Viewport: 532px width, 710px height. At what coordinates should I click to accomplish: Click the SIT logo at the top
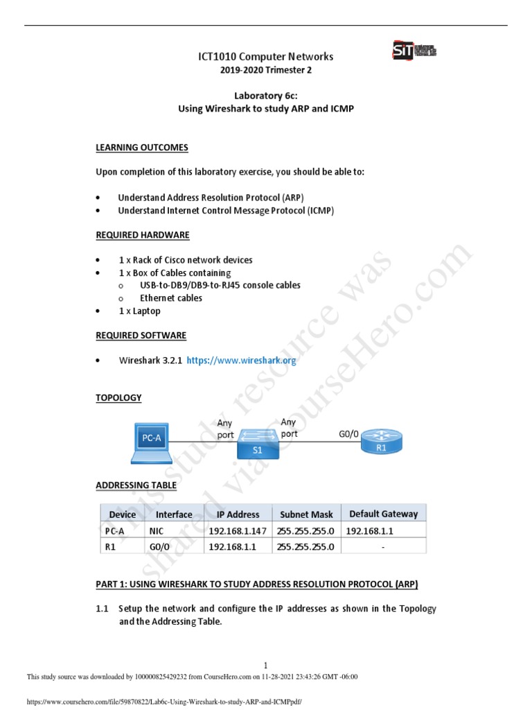pos(414,51)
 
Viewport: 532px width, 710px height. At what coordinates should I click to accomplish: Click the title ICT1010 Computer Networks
pos(266,56)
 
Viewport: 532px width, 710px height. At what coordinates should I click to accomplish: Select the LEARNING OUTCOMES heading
pos(141,148)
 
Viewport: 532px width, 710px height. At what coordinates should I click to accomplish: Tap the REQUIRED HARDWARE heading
pos(143,235)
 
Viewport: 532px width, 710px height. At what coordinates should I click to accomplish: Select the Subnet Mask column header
pos(306,514)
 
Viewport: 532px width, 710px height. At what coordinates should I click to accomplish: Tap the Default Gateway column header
pos(383,514)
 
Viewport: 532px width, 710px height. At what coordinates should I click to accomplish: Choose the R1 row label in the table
pos(111,546)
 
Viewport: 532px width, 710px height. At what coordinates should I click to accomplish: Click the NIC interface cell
pos(157,530)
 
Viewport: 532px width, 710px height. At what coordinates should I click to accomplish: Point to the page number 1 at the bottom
pos(266,665)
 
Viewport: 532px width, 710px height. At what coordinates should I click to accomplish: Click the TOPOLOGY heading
pos(118,397)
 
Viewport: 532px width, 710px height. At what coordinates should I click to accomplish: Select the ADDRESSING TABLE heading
pos(136,485)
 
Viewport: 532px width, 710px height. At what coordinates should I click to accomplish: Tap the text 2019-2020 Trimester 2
pos(266,70)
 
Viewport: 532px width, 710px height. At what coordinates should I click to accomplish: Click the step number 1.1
pos(103,609)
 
